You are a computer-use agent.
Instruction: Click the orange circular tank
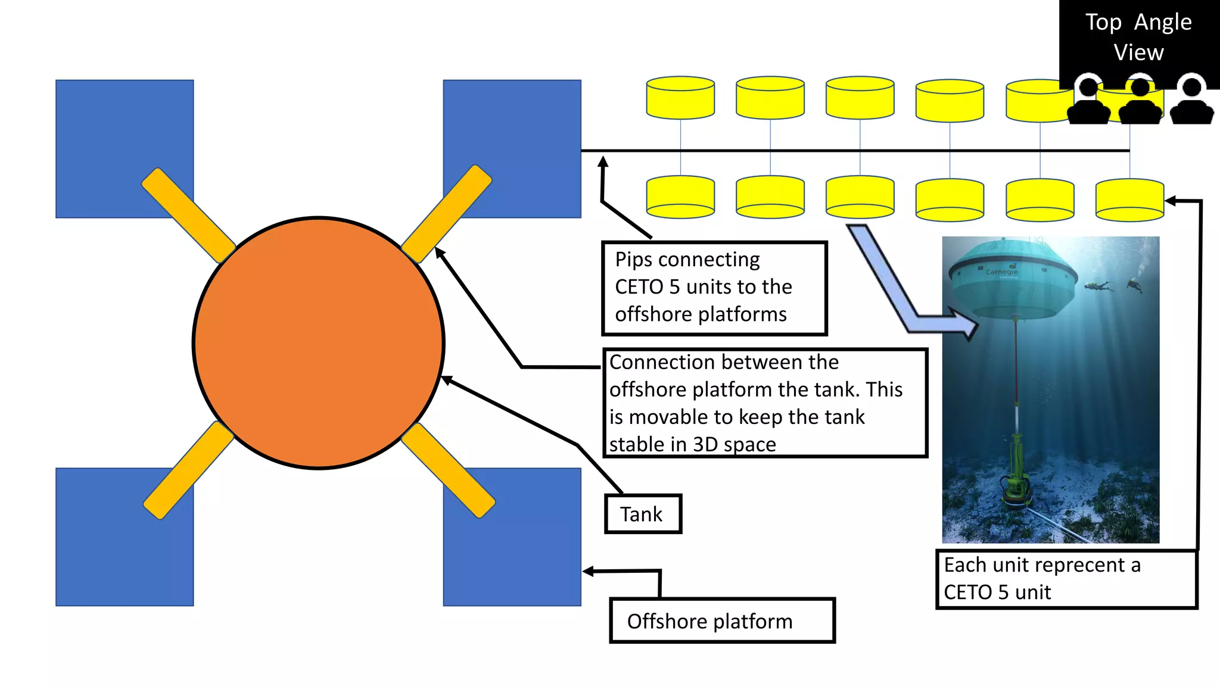tap(319, 343)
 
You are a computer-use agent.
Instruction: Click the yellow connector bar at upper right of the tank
tap(447, 214)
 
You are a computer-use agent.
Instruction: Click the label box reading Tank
tap(642, 514)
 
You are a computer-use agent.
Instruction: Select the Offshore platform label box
tap(722, 621)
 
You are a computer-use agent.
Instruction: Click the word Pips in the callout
tap(634, 260)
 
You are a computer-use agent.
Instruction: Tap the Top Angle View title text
tap(1138, 37)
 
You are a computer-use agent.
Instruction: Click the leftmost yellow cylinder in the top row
tap(680, 98)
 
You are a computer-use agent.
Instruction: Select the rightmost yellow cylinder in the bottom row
tap(1129, 200)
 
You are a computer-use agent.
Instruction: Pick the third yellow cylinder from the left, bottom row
tap(860, 197)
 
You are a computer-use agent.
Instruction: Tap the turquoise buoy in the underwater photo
tap(1013, 280)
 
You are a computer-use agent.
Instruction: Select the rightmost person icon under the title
tap(1192, 101)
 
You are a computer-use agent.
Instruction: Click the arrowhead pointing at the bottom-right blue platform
tap(587, 572)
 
